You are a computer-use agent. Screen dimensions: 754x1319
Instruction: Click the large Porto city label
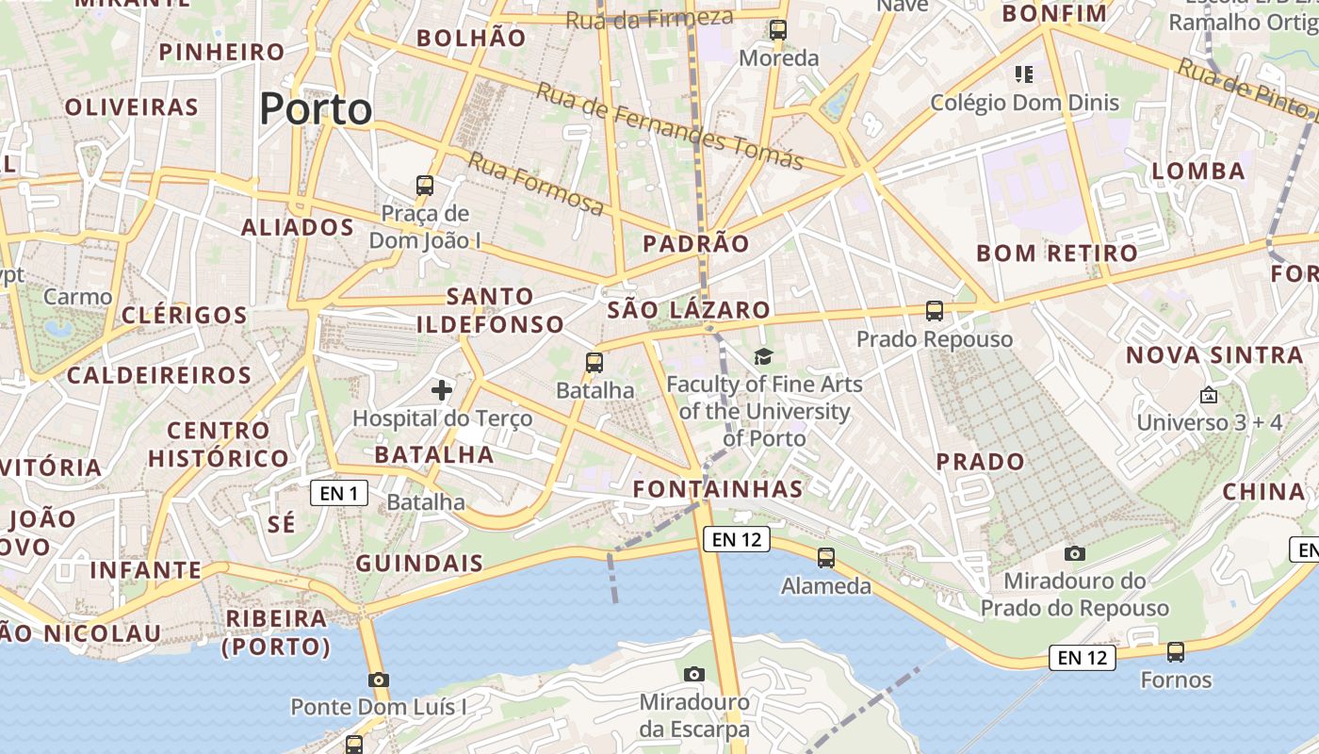[x=316, y=109]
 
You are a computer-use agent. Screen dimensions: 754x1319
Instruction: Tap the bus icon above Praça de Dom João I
[x=425, y=185]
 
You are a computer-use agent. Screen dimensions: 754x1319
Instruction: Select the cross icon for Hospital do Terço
[x=441, y=389]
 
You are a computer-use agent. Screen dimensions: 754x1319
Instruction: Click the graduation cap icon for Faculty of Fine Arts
[x=763, y=356]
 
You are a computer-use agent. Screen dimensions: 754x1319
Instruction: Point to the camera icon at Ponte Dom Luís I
[x=379, y=680]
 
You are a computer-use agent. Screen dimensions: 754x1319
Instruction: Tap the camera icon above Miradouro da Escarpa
[x=694, y=674]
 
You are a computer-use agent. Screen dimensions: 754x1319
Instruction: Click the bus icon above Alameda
[x=826, y=557]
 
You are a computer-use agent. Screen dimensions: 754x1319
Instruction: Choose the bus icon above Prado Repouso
[x=935, y=310]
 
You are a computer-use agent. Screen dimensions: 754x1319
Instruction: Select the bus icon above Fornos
[x=1176, y=651]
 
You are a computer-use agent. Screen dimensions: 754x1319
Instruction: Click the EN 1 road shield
[x=339, y=492]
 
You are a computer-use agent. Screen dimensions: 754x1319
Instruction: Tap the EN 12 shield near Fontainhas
[x=736, y=539]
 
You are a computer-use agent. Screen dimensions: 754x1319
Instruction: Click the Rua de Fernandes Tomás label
[x=670, y=126]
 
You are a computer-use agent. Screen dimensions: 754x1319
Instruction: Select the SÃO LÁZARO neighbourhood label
[x=689, y=309]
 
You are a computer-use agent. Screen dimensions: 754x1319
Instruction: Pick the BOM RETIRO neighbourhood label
[x=1057, y=253]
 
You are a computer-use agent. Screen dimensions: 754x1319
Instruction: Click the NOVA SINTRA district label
[x=1215, y=355]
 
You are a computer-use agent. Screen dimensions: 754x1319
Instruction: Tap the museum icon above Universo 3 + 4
[x=1209, y=395]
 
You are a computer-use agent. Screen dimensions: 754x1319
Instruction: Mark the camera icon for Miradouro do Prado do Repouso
[x=1074, y=553]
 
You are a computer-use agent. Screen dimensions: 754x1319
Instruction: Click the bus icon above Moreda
[x=778, y=30]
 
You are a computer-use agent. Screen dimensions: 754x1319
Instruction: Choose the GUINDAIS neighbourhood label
[x=419, y=564]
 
